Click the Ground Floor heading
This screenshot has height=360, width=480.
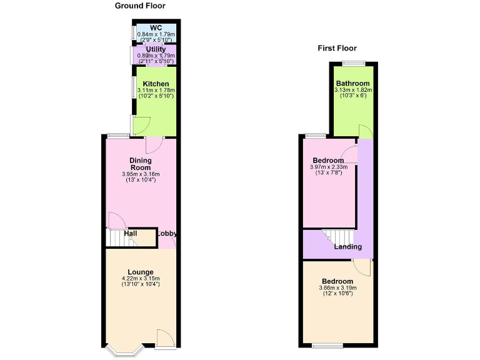pyautogui.click(x=140, y=6)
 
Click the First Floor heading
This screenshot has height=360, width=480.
pyautogui.click(x=337, y=48)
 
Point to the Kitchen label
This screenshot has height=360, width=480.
pyautogui.click(x=156, y=84)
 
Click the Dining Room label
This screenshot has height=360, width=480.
pyautogui.click(x=141, y=164)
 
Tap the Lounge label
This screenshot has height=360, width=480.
pyautogui.click(x=141, y=271)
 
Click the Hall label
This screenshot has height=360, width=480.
pyautogui.click(x=131, y=234)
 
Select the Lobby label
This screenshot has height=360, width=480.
pyautogui.click(x=167, y=234)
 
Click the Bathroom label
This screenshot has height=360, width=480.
pyautogui.click(x=352, y=84)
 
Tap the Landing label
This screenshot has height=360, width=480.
pyautogui.click(x=347, y=247)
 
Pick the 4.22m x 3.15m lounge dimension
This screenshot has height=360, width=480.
pyautogui.click(x=141, y=279)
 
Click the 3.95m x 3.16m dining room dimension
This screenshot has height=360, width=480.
pyautogui.click(x=141, y=174)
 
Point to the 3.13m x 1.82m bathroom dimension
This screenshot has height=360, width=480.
pyautogui.click(x=352, y=91)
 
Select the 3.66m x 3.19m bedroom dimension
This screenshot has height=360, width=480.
pyautogui.click(x=337, y=289)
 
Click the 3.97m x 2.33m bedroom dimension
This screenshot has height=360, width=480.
pyautogui.click(x=328, y=167)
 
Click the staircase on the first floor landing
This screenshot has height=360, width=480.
pyautogui.click(x=338, y=237)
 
